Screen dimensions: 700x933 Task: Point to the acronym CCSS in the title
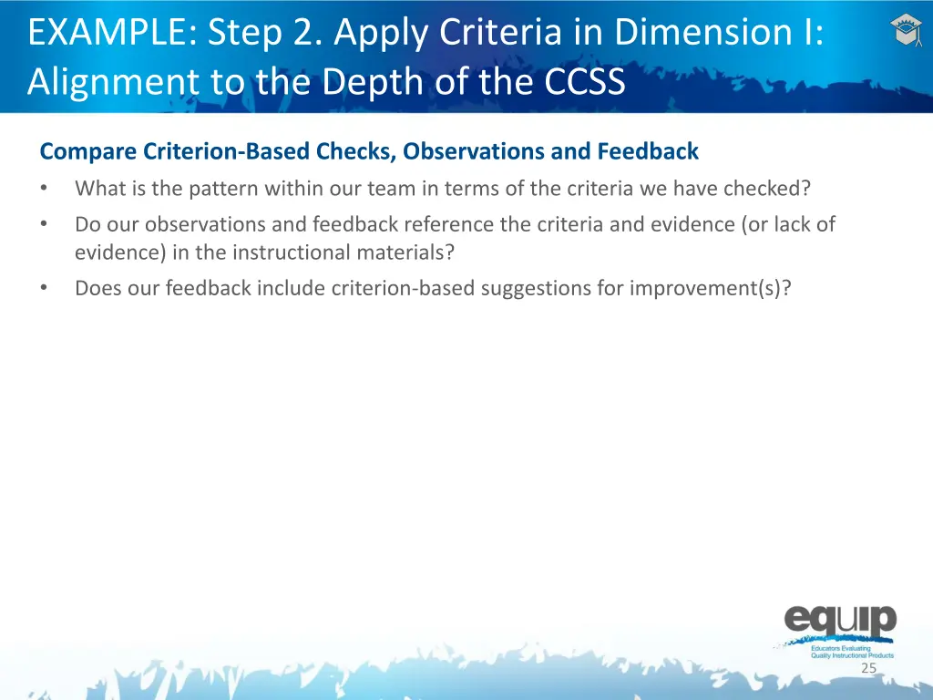tap(585, 81)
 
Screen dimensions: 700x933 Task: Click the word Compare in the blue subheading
tap(88, 151)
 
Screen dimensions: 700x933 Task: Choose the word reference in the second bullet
tap(448, 224)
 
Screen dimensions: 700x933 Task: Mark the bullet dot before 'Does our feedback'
tap(44, 288)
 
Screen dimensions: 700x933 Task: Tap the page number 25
tap(868, 668)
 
